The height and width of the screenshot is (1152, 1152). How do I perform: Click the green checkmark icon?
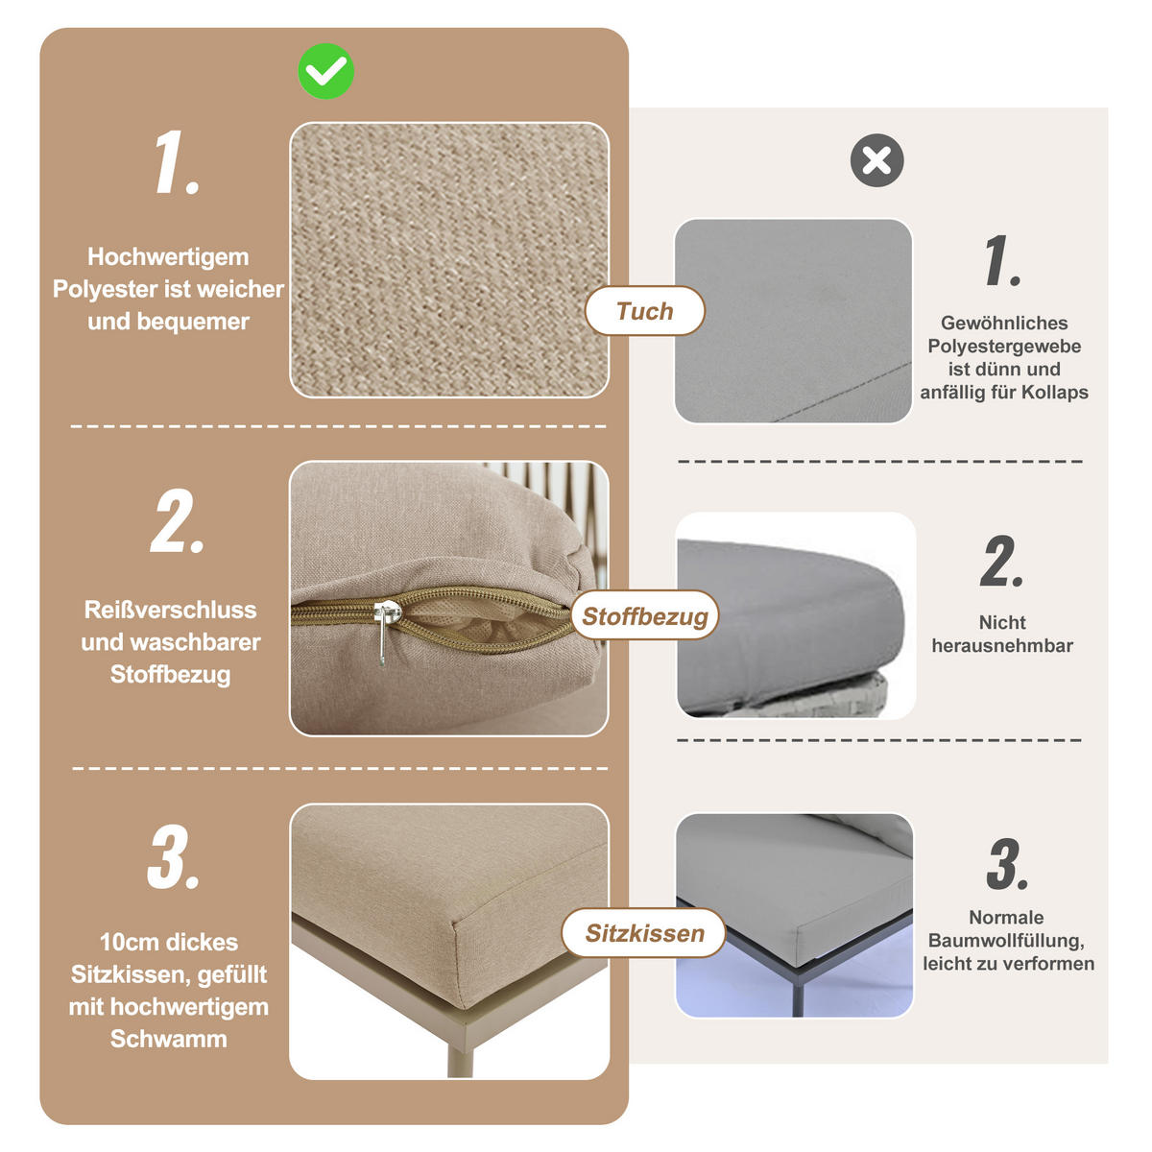pyautogui.click(x=325, y=71)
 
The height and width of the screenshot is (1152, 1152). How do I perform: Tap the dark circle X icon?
pyautogui.click(x=876, y=160)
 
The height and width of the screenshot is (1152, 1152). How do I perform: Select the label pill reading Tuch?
pyautogui.click(x=645, y=311)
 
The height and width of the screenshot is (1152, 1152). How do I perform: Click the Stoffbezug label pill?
pyautogui.click(x=645, y=616)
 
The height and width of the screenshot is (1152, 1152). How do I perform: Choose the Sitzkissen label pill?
pyautogui.click(x=645, y=933)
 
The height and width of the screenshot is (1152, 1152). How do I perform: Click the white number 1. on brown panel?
pyautogui.click(x=177, y=164)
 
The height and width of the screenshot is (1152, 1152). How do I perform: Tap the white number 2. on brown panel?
pyautogui.click(x=178, y=523)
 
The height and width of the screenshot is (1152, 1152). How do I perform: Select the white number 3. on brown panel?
pyautogui.click(x=174, y=857)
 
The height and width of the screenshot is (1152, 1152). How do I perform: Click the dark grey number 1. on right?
pyautogui.click(x=1002, y=261)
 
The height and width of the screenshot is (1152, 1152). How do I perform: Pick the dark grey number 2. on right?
pyautogui.click(x=1002, y=563)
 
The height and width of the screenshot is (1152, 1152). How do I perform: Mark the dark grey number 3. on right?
pyautogui.click(x=1007, y=864)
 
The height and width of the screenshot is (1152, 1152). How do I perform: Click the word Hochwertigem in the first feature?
pyautogui.click(x=168, y=257)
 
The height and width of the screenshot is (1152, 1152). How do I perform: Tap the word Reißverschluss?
pyautogui.click(x=170, y=611)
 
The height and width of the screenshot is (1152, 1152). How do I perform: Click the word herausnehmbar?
pyautogui.click(x=1002, y=646)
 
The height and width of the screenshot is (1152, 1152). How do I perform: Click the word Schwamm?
pyautogui.click(x=168, y=1039)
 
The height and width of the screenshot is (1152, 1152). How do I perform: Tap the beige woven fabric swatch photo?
pyautogui.click(x=449, y=259)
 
